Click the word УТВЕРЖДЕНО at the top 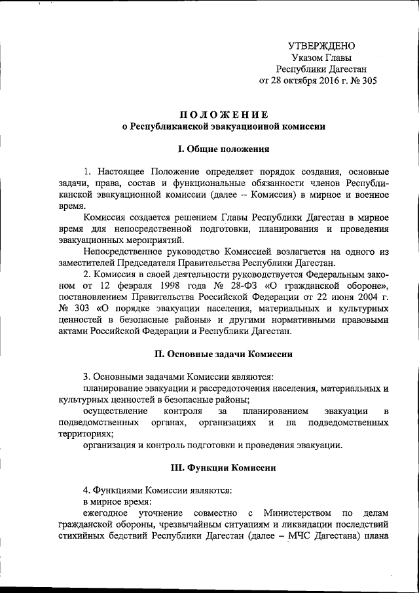[321, 47]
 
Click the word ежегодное [109, 512]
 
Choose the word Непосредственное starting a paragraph [129, 261]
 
